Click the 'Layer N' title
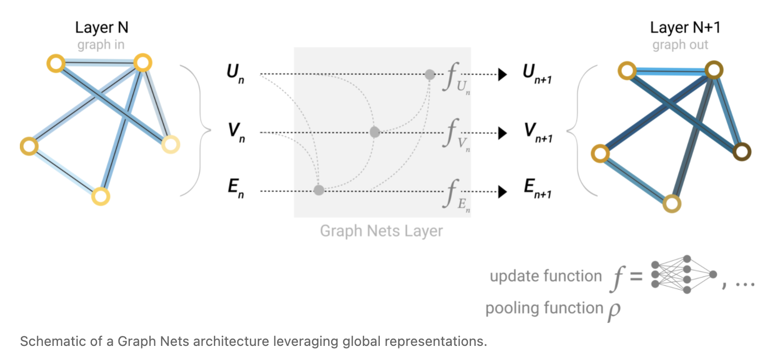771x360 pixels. click(x=102, y=28)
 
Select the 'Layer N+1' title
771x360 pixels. click(x=685, y=28)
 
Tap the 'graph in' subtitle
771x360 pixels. click(x=101, y=45)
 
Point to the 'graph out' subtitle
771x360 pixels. click(x=680, y=45)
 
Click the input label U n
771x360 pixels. click(x=235, y=74)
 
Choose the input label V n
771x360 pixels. click(x=236, y=133)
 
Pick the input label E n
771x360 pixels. click(x=236, y=188)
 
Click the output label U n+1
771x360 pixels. click(x=537, y=74)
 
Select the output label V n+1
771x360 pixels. click(x=538, y=133)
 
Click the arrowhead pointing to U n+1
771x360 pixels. click(x=502, y=74)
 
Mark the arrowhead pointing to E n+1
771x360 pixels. click(x=502, y=191)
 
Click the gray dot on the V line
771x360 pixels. click(x=375, y=132)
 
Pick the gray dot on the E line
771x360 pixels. click(x=319, y=190)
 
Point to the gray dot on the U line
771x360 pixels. click(x=430, y=74)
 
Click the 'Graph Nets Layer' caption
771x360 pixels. click(x=381, y=231)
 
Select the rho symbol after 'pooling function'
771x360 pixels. click(x=614, y=311)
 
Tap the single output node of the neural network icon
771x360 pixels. click(x=713, y=274)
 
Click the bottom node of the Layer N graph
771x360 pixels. click(x=101, y=197)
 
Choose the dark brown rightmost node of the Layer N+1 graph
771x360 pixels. click(x=742, y=152)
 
